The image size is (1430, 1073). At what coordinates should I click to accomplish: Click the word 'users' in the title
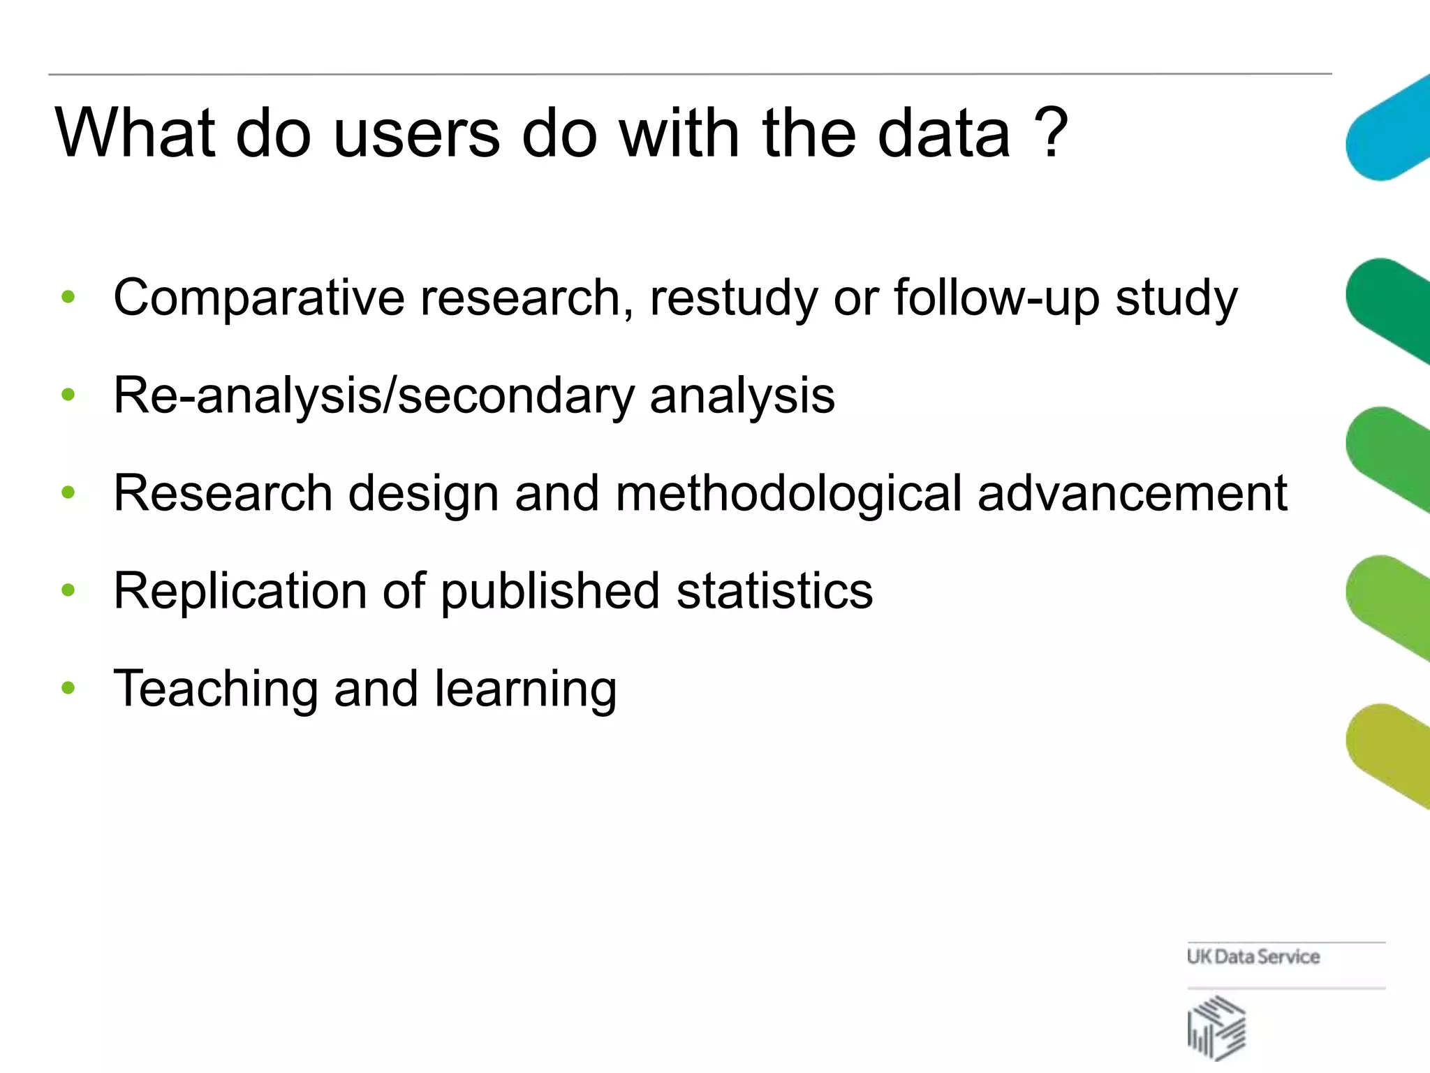(x=417, y=133)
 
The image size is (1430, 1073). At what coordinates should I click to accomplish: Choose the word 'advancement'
(x=1132, y=493)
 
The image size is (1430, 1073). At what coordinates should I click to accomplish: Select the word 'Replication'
(x=239, y=592)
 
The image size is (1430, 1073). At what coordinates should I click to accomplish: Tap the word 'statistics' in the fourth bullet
(x=774, y=591)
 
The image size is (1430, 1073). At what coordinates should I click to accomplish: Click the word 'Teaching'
(x=216, y=689)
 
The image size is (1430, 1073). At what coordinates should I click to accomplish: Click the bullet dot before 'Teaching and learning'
(x=68, y=689)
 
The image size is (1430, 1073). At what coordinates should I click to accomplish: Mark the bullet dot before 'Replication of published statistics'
(x=68, y=591)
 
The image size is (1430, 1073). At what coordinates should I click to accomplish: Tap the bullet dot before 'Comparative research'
(x=68, y=297)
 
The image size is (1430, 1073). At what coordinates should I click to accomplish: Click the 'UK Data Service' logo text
(x=1253, y=956)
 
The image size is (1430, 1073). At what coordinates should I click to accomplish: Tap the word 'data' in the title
(x=943, y=133)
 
